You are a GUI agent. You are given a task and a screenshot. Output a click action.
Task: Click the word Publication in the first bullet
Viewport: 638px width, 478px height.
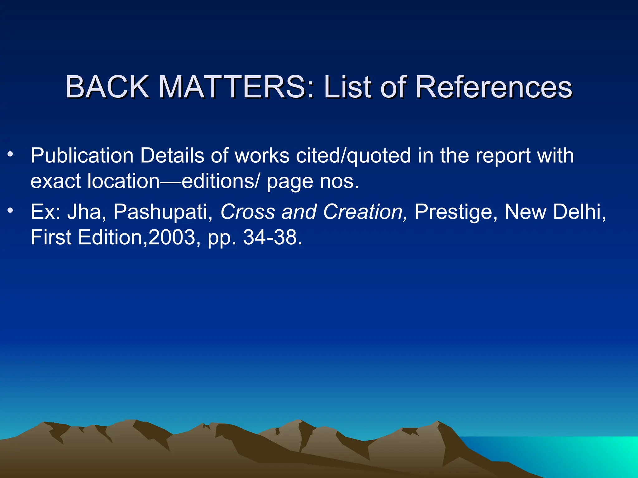(x=82, y=156)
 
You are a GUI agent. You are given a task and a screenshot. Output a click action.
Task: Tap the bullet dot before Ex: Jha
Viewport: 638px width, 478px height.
(x=11, y=211)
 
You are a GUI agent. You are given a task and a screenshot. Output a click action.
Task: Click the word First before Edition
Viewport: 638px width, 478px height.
(x=51, y=237)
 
